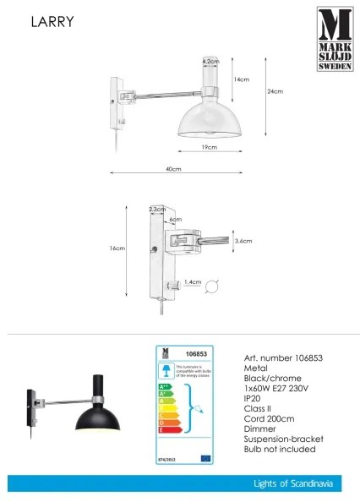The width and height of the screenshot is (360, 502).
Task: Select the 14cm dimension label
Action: (243, 79)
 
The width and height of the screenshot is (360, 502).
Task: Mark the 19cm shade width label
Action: (210, 147)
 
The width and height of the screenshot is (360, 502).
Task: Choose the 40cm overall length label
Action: (174, 169)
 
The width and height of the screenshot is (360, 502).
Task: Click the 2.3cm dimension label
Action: (156, 208)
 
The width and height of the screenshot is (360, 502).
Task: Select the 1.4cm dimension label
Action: (191, 284)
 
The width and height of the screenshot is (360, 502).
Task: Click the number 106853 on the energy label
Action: (196, 355)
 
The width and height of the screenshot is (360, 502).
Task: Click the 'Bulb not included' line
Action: (279, 449)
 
